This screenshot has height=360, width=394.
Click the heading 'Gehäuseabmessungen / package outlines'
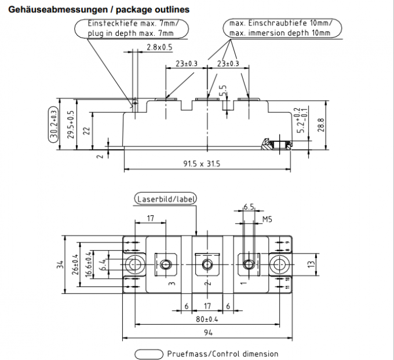pos(96,10)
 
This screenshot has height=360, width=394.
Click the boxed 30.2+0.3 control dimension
pos(54,124)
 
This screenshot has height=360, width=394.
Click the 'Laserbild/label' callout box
pos(165,199)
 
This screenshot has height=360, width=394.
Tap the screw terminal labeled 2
pos(206,265)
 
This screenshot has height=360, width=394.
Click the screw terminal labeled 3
pos(166,265)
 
